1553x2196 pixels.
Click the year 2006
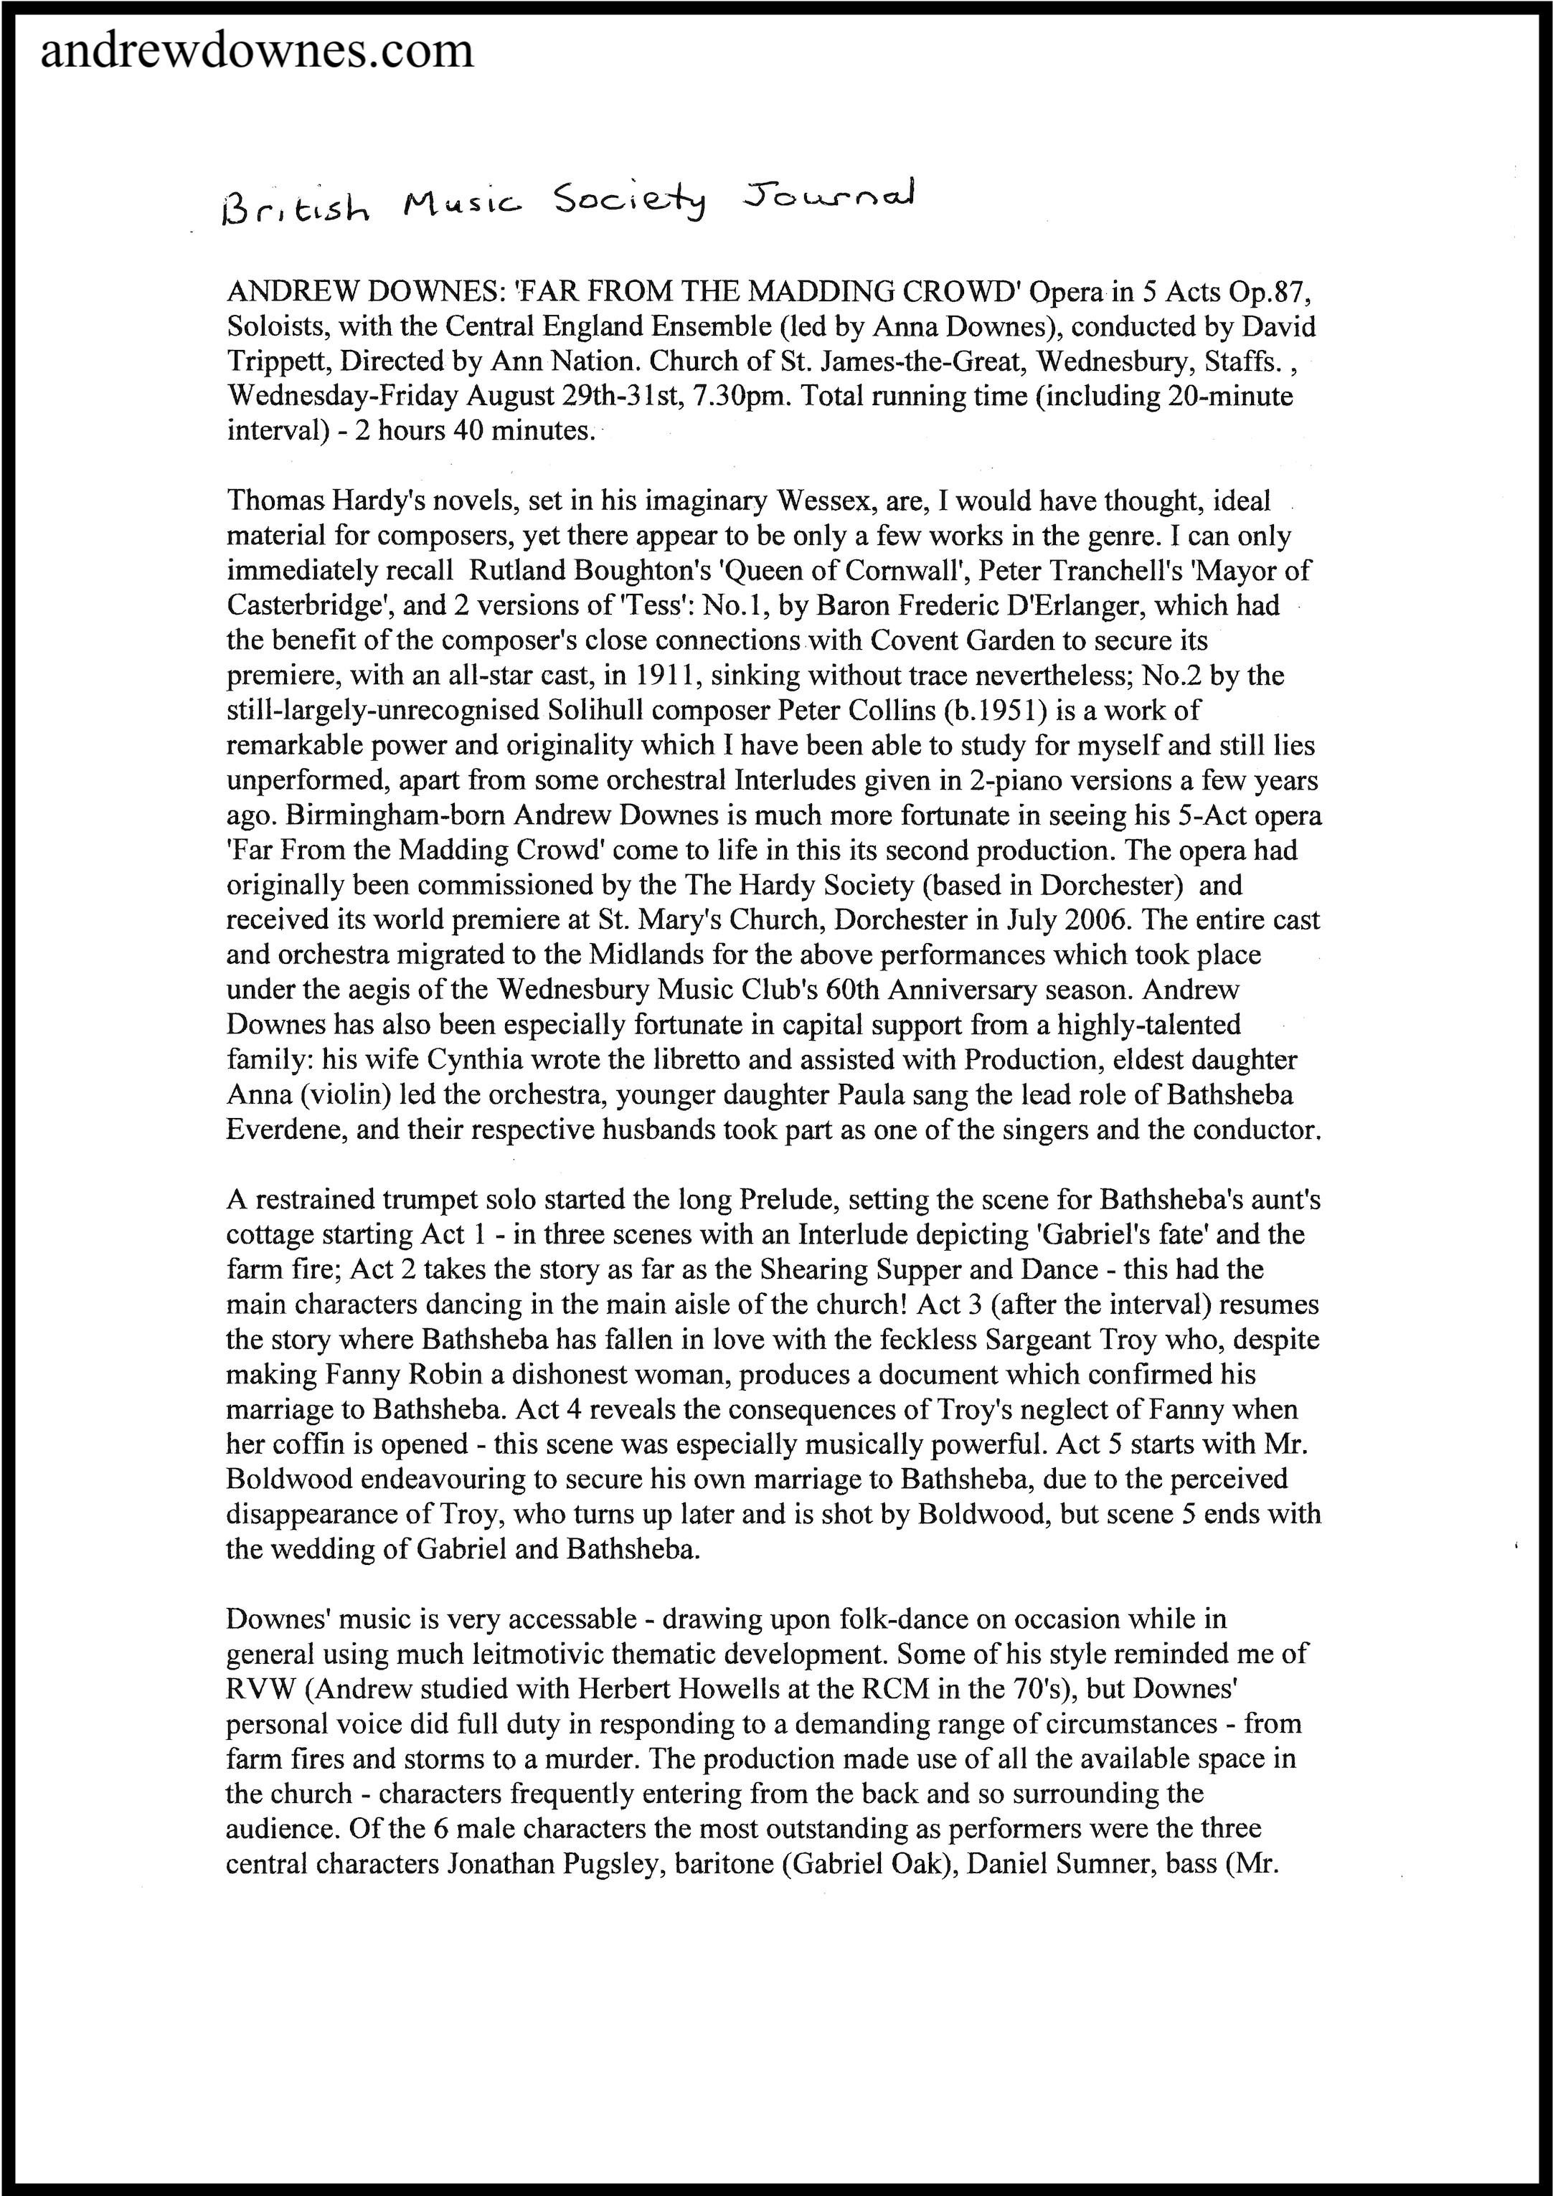point(1095,920)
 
